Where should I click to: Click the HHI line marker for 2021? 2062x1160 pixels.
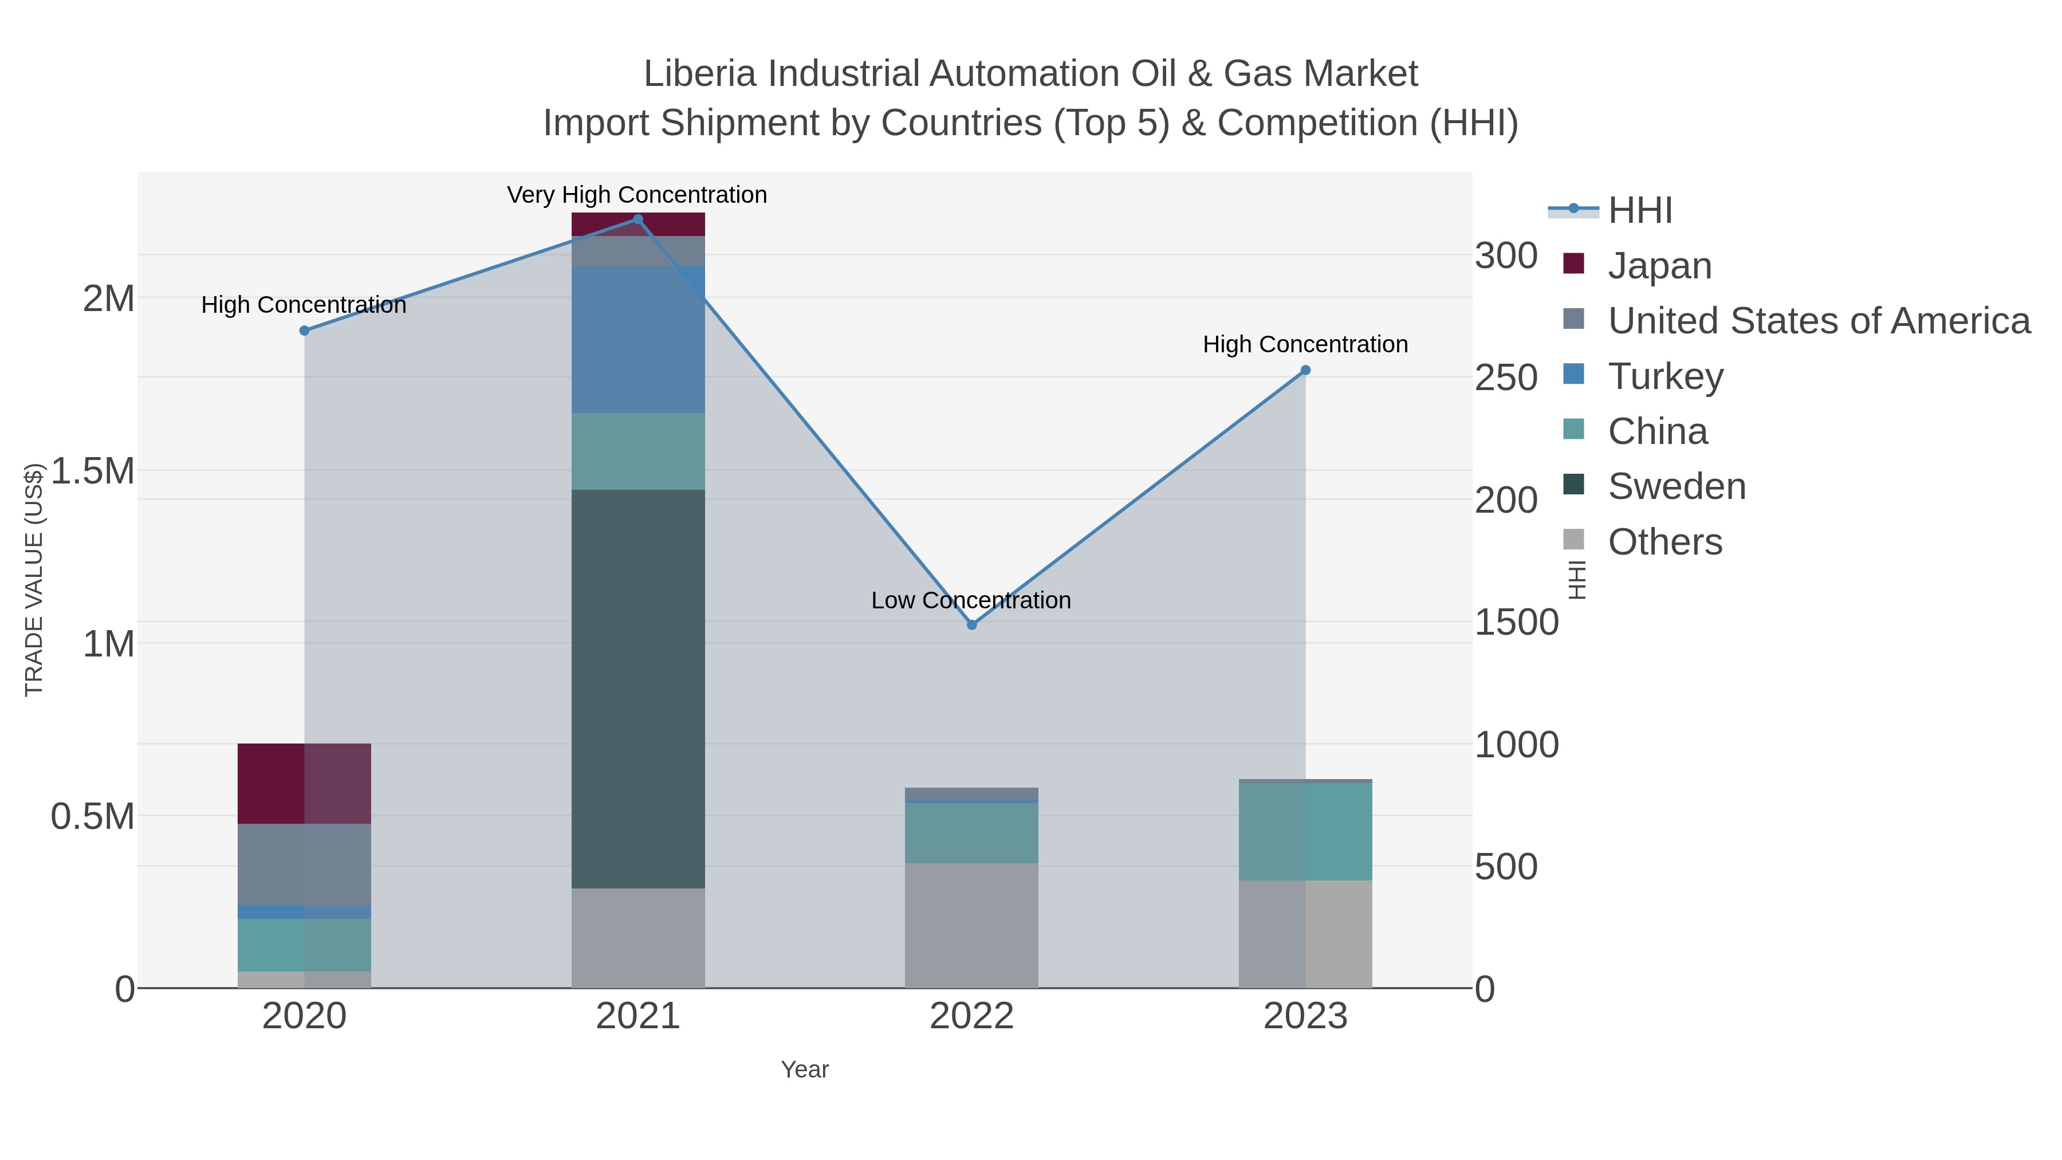(x=638, y=219)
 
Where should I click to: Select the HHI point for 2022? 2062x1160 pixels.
(x=972, y=625)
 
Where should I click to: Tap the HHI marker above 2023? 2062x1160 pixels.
(x=1305, y=371)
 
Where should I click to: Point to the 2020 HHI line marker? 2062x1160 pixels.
(x=304, y=331)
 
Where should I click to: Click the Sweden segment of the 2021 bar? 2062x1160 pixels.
(x=638, y=689)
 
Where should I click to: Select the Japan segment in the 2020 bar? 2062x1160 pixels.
(x=304, y=784)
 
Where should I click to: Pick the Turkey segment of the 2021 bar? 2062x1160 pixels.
(x=638, y=340)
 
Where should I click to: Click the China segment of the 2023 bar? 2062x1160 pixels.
(x=1305, y=832)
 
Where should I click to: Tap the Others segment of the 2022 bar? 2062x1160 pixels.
(x=972, y=926)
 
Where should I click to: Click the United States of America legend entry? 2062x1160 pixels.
(x=1819, y=321)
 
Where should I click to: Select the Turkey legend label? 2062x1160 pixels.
(x=1665, y=376)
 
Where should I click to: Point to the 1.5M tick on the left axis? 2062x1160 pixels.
(x=93, y=471)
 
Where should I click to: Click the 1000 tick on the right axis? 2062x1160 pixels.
(x=1516, y=745)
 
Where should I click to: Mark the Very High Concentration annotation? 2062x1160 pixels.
(x=637, y=195)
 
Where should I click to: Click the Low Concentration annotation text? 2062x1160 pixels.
(x=971, y=600)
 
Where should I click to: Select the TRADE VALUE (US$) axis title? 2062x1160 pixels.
(x=34, y=580)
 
